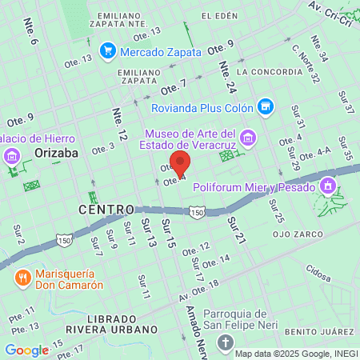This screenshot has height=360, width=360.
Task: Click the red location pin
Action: pyautogui.click(x=181, y=163)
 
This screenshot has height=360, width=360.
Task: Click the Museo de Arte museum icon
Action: pyautogui.click(x=249, y=138)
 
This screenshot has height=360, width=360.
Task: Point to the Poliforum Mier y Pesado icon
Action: pyautogui.click(x=326, y=187)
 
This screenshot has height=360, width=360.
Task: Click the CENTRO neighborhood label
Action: pyautogui.click(x=105, y=209)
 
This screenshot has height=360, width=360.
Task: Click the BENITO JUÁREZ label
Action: pyautogui.click(x=325, y=330)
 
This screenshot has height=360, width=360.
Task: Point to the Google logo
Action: pyautogui.click(x=26, y=350)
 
